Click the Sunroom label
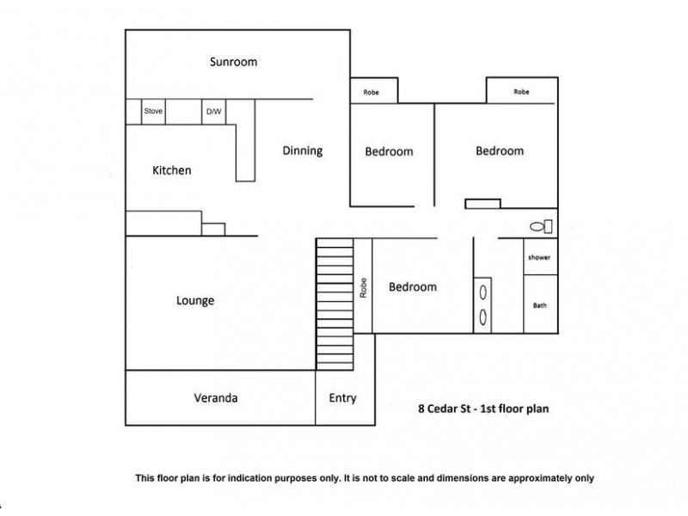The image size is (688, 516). pos(233,61)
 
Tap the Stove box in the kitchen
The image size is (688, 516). pos(153,112)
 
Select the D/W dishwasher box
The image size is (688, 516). pos(213,112)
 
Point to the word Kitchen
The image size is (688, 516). pos(171,170)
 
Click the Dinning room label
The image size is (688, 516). pos(303,151)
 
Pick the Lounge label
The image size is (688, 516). pos(195,300)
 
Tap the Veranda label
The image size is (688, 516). pos(216,398)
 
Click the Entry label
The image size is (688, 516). pos(342,398)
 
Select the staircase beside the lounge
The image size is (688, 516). pos(335,304)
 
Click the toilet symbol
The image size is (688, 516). pos(541,226)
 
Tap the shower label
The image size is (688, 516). pos(539,257)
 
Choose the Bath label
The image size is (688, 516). pos(540,305)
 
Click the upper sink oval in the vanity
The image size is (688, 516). pos(482,292)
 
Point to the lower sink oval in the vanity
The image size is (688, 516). pos(482,317)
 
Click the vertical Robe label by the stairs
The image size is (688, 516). pos(363,288)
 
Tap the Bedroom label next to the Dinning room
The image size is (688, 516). pos(390,151)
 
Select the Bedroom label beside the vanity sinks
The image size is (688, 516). pos(413,287)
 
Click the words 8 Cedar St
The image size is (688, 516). pos(444,409)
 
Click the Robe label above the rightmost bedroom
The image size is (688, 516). pos(521,92)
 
